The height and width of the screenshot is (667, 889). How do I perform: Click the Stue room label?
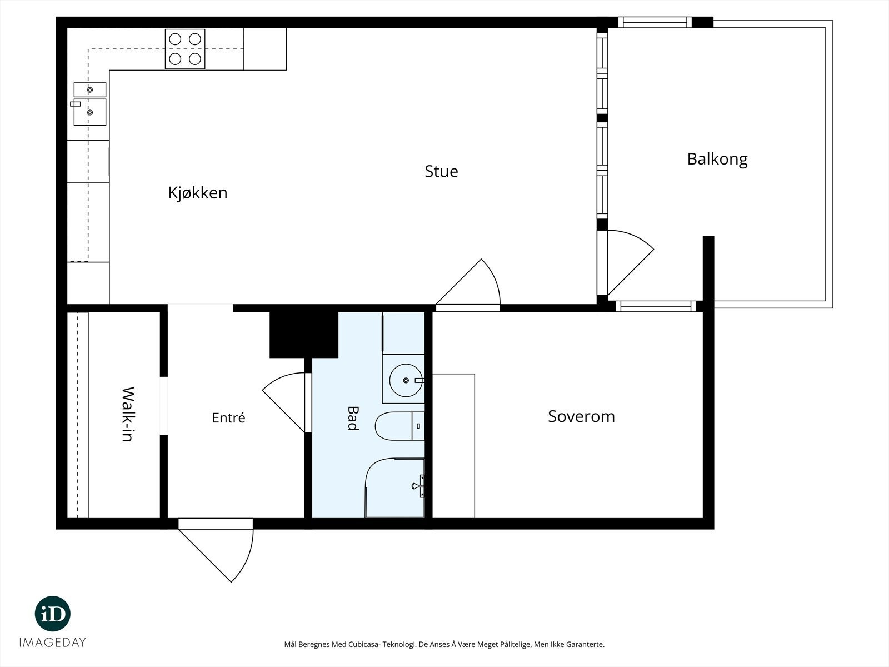(x=441, y=171)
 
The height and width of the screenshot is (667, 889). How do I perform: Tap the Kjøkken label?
(x=198, y=193)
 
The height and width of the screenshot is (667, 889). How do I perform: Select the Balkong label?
(x=717, y=159)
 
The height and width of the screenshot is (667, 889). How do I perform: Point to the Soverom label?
(x=581, y=416)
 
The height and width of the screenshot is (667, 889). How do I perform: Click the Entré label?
(x=228, y=417)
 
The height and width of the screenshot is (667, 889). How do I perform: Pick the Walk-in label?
(x=128, y=414)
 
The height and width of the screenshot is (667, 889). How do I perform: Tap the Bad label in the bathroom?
(x=353, y=418)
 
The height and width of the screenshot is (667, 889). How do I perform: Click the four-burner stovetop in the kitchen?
(x=185, y=49)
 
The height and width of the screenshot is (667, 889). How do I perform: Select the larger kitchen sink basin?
(x=90, y=112)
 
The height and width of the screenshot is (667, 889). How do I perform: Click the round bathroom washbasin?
(x=406, y=380)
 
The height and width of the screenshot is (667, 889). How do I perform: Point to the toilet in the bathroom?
(x=399, y=426)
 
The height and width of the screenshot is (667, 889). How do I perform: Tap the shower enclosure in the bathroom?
(x=395, y=488)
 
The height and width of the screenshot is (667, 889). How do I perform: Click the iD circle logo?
(x=53, y=614)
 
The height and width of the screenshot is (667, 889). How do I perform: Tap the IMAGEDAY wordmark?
(x=53, y=643)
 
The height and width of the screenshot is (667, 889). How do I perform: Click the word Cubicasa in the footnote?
(x=364, y=644)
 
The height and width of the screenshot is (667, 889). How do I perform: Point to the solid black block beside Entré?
(x=304, y=335)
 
